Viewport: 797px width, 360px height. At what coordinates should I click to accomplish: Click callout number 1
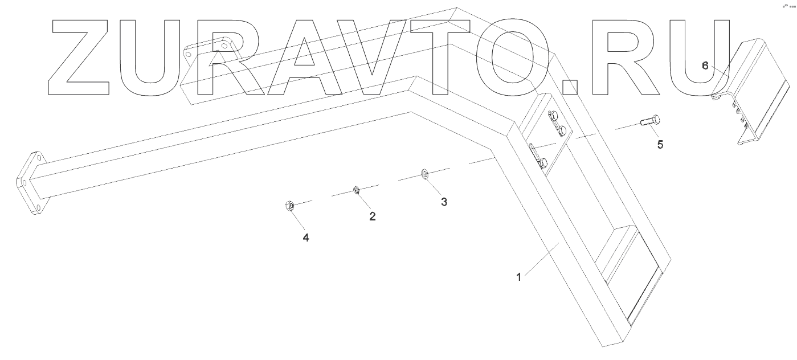(x=519, y=277)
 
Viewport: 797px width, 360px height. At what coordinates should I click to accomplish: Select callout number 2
(x=373, y=216)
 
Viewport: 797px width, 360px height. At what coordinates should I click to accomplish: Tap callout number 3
(x=444, y=202)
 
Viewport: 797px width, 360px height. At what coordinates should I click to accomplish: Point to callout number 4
(x=306, y=238)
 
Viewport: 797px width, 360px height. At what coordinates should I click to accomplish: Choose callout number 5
(x=660, y=145)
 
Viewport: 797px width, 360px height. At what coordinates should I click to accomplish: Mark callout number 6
(x=705, y=66)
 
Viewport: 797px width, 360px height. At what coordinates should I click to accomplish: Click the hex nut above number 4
(x=289, y=206)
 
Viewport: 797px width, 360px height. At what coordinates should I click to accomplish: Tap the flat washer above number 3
(x=424, y=173)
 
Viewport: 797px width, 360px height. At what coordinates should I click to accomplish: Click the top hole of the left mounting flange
(x=37, y=158)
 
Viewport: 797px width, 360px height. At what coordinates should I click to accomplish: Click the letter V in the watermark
(x=382, y=57)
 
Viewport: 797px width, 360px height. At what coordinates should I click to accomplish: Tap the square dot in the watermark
(x=570, y=85)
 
